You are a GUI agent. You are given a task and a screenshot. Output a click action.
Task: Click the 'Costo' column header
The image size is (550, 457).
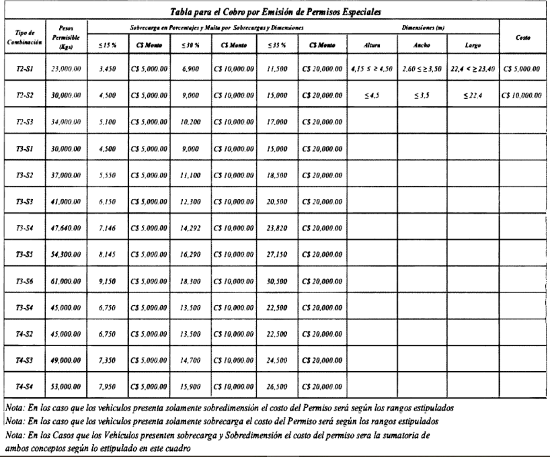pos(523,40)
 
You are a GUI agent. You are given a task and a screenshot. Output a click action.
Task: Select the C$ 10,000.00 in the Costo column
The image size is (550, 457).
pos(523,96)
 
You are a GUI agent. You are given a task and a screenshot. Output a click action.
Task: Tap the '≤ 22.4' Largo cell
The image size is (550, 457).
pos(472,96)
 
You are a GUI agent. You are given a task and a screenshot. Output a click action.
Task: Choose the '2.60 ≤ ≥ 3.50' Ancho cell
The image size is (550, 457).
pos(420,69)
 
